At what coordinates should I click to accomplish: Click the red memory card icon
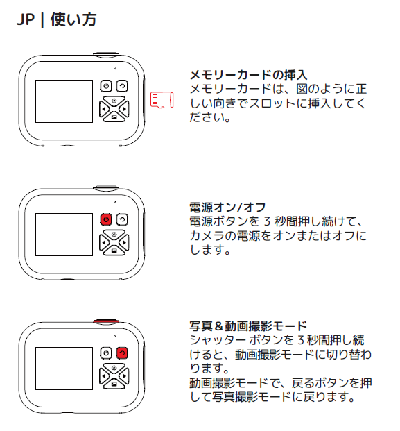click(162, 100)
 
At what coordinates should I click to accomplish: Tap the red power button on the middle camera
click(106, 219)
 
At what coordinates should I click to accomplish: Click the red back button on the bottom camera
click(122, 353)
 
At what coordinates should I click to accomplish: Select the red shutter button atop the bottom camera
click(106, 321)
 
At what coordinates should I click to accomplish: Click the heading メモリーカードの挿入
click(248, 75)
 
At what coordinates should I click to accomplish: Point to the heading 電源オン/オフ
click(227, 208)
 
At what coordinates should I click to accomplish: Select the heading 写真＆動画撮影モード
click(248, 326)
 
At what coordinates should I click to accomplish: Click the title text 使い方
click(73, 20)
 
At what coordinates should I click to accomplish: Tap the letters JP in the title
click(26, 20)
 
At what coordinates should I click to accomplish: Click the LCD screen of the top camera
click(64, 101)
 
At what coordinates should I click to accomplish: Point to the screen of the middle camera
click(64, 235)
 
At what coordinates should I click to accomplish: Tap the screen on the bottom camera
click(64, 369)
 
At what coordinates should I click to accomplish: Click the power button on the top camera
click(106, 86)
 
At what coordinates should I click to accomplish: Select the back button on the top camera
click(122, 86)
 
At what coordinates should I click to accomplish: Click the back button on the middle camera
click(122, 219)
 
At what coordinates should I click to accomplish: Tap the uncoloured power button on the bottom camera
click(106, 353)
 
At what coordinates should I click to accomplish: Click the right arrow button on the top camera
click(124, 109)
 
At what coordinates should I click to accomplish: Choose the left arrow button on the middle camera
click(104, 243)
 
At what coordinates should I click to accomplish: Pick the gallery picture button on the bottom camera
click(114, 384)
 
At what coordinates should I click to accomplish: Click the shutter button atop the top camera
click(106, 54)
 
